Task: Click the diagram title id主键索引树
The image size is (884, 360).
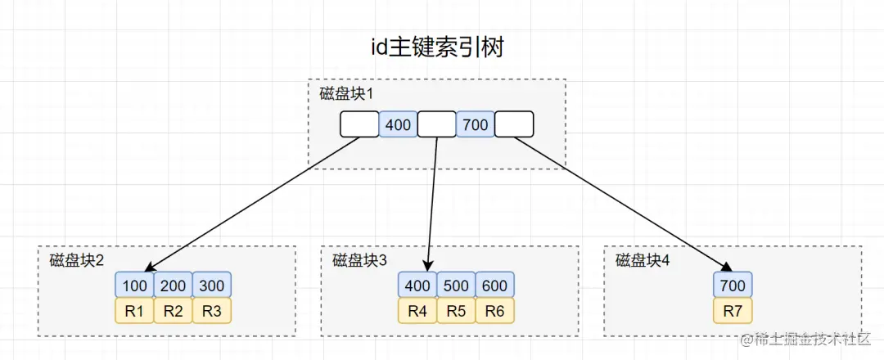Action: [436, 47]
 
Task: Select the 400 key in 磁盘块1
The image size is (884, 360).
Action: [398, 124]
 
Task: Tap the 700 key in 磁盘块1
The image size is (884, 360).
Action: [475, 124]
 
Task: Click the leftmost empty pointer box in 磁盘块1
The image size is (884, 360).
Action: [359, 124]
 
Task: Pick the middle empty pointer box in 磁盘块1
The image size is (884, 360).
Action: [436, 124]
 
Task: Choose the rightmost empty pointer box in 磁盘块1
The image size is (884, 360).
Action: [514, 124]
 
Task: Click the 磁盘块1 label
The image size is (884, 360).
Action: [346, 93]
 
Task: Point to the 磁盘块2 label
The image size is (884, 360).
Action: [77, 260]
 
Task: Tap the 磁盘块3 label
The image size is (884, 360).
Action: [359, 260]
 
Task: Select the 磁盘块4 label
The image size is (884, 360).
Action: [643, 260]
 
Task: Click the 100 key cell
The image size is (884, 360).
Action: [134, 286]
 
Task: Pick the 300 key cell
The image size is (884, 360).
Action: [212, 286]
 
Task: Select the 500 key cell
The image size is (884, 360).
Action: [456, 286]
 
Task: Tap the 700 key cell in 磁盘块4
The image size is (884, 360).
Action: [732, 286]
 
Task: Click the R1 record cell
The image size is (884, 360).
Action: [134, 311]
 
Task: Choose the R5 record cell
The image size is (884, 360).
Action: [456, 311]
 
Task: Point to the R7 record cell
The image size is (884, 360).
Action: [732, 311]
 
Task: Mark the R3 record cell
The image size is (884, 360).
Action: [212, 311]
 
